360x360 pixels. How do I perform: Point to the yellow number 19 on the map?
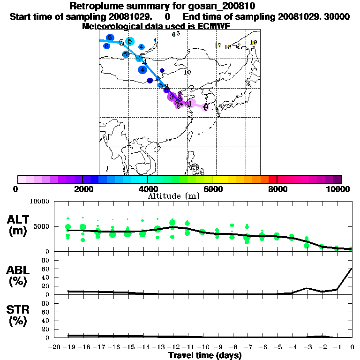[254, 43]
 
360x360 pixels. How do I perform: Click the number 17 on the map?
[217, 45]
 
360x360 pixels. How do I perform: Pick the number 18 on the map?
[228, 47]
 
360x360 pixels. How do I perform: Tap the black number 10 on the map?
[187, 73]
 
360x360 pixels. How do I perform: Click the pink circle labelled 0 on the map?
[205, 107]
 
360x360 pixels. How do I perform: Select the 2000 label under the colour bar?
[82, 189]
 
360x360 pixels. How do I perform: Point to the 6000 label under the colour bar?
[212, 189]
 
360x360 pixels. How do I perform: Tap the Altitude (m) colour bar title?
[174, 196]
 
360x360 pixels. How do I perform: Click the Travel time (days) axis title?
[205, 356]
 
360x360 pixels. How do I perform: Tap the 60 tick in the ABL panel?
[46, 269]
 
